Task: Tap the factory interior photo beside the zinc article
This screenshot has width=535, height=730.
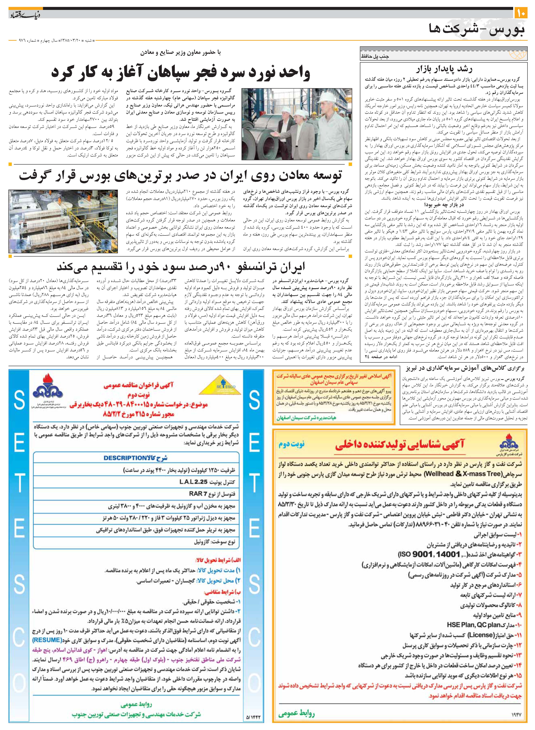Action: (63, 221)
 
